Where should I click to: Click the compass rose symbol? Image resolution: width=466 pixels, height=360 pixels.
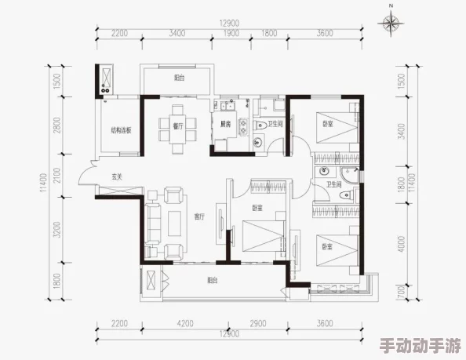390,23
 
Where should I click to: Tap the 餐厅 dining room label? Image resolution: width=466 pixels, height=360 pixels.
177,125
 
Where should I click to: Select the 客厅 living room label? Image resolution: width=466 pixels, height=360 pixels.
199,216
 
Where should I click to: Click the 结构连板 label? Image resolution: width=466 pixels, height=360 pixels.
120,130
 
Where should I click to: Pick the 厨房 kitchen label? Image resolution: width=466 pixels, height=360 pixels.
224,124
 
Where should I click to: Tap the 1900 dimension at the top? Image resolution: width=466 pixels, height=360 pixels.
232,34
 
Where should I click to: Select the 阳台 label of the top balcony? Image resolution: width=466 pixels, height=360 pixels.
179,78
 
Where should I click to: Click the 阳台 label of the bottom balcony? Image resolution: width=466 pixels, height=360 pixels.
213,280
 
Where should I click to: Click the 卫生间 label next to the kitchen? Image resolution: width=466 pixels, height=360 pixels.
275,124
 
